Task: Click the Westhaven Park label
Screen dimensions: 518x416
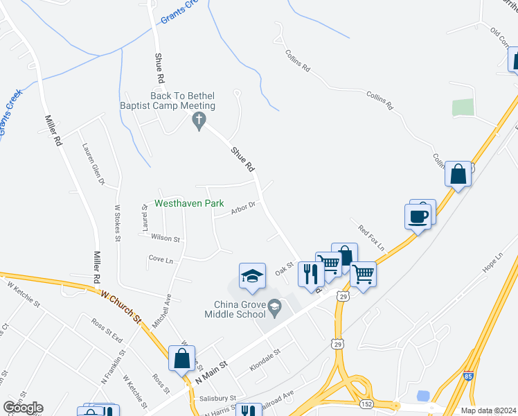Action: [189, 204]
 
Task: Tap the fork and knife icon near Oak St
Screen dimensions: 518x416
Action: [310, 273]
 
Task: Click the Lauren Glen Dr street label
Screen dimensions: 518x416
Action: [92, 164]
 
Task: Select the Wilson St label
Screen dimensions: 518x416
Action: [165, 239]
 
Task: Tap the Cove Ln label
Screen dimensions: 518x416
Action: [161, 259]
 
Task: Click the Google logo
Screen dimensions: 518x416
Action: [23, 408]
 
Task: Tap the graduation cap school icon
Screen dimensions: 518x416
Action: [252, 276]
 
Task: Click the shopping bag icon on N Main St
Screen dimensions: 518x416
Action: [181, 359]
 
